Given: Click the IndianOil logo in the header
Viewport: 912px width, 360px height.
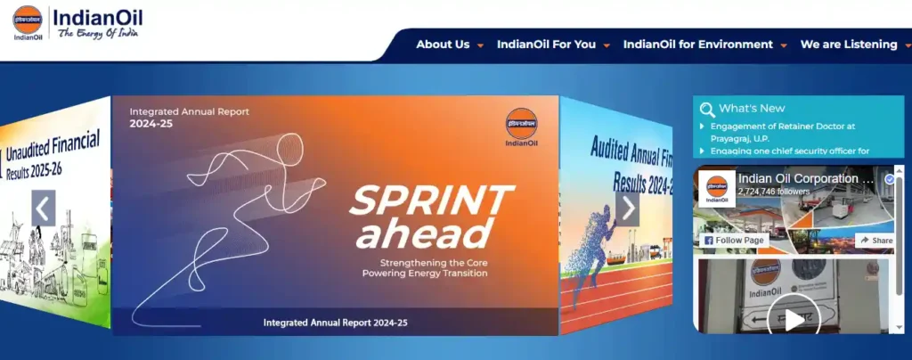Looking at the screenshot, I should pyautogui.click(x=77, y=23).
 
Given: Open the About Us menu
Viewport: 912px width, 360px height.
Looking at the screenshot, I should pyautogui.click(x=443, y=45).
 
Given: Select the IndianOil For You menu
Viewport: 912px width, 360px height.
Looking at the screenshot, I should pyautogui.click(x=546, y=45).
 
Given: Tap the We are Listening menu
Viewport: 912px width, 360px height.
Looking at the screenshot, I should pyautogui.click(x=849, y=45).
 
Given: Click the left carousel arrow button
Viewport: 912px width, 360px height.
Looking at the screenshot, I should pyautogui.click(x=44, y=208).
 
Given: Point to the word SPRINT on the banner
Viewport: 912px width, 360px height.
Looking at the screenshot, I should pyautogui.click(x=431, y=200).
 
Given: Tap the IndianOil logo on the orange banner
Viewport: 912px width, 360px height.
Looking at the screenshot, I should pyautogui.click(x=521, y=127).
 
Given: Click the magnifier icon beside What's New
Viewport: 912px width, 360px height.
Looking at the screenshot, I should pyautogui.click(x=707, y=110).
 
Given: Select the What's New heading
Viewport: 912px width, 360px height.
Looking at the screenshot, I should pyautogui.click(x=752, y=109).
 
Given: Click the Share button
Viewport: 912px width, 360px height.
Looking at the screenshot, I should pyautogui.click(x=875, y=241).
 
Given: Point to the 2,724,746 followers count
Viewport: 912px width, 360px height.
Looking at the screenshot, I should pyautogui.click(x=773, y=192).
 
